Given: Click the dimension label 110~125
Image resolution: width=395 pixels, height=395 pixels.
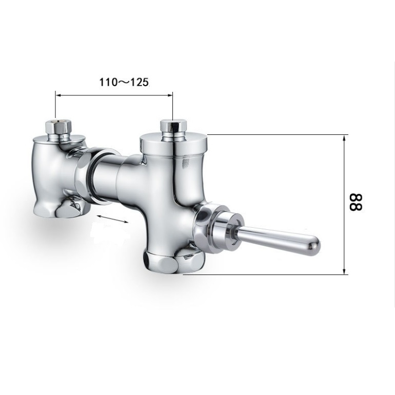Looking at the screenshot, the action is [x=124, y=82].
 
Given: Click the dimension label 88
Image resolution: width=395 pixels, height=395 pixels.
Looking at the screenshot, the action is [x=355, y=202].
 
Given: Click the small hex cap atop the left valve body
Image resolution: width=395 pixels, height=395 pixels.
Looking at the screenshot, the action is [x=58, y=128].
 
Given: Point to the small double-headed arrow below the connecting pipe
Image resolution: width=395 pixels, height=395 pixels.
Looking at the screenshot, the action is [x=113, y=219].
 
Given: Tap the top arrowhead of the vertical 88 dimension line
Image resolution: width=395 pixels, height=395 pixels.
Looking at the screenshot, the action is [x=344, y=137].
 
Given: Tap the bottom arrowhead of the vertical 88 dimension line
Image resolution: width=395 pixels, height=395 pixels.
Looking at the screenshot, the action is [x=344, y=271].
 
